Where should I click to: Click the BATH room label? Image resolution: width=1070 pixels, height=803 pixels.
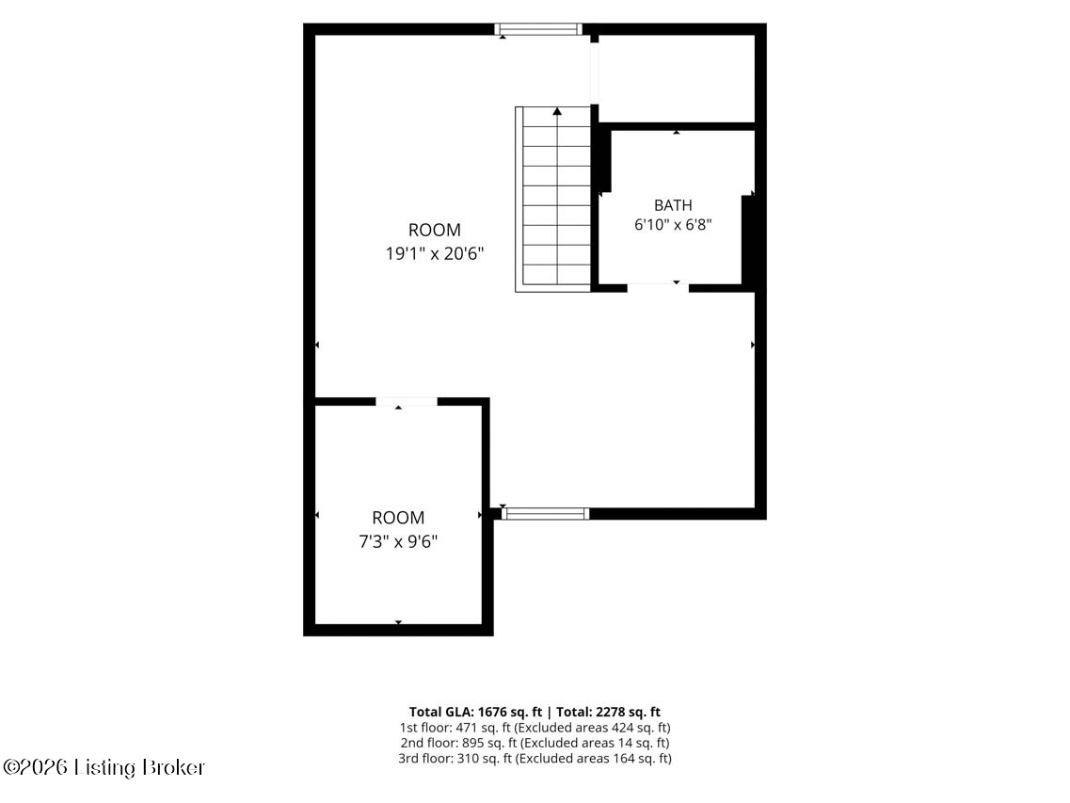point(673,205)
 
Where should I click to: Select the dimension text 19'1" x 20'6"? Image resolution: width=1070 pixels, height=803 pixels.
point(435,254)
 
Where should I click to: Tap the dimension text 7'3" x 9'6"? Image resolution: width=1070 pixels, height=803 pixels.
point(398,542)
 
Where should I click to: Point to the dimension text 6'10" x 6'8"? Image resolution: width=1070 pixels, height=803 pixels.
point(674,225)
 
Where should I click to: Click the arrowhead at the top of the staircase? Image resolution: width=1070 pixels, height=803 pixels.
point(557,111)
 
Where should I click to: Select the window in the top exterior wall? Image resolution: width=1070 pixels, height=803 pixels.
point(538,28)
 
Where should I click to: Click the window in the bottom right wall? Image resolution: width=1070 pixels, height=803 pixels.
point(545,513)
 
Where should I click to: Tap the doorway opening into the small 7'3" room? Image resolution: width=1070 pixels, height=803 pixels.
point(406,401)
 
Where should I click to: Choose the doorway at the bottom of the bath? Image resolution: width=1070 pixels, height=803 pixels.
point(658,288)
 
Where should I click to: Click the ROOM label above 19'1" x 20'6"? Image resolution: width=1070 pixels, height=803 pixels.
point(435,230)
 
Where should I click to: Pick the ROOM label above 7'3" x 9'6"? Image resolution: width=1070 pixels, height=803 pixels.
point(398,518)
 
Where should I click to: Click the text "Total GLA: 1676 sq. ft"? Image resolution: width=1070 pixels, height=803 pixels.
point(475,713)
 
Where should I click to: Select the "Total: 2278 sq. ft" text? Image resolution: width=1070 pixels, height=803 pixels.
point(609,713)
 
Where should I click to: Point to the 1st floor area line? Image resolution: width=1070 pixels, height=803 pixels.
point(535,728)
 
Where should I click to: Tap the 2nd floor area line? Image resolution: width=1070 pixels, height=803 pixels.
point(535,743)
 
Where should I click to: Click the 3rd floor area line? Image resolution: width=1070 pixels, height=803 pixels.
point(535,758)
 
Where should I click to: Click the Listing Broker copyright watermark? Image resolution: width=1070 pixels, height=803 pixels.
point(104,767)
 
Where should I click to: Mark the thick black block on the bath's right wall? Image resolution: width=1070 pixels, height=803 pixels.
point(748,239)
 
